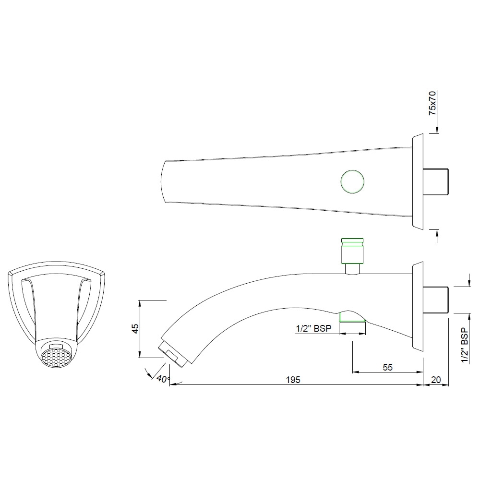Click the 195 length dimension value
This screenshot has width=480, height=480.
(x=294, y=380)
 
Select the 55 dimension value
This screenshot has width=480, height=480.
(x=388, y=367)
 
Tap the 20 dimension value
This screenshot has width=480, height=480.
(x=436, y=380)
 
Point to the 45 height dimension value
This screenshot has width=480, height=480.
(x=135, y=328)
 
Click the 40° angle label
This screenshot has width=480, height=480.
(x=163, y=379)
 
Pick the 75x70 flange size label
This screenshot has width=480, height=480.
(x=432, y=103)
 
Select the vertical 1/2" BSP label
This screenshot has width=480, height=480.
(x=464, y=346)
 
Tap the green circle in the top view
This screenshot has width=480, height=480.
(x=352, y=182)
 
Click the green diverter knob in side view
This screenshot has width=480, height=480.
(x=352, y=251)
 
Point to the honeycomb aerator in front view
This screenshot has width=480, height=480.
(x=57, y=356)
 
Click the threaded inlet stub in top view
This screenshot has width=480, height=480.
(x=436, y=182)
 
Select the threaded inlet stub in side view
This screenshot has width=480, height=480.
(x=436, y=300)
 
